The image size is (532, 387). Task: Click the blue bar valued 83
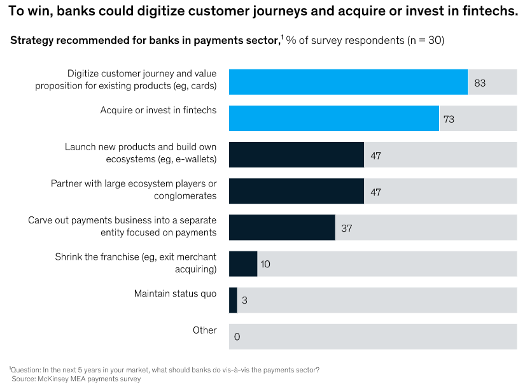(x=348, y=82)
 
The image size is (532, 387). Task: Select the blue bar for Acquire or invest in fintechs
(x=333, y=118)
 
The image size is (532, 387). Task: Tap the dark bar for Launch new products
(x=296, y=155)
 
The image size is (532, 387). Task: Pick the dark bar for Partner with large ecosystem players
(x=296, y=191)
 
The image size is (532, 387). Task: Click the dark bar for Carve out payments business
(x=282, y=227)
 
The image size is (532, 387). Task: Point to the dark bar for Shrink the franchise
(x=242, y=264)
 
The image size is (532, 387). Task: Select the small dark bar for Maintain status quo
(x=233, y=300)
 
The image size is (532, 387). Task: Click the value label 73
(x=449, y=119)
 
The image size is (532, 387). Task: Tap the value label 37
(x=346, y=228)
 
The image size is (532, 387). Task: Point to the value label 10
(x=265, y=264)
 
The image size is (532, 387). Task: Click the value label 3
(x=244, y=300)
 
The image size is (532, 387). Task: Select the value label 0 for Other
(x=237, y=337)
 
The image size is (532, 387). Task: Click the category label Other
(x=204, y=330)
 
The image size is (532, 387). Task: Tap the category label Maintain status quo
(x=175, y=294)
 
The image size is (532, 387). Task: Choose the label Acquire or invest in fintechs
(x=158, y=110)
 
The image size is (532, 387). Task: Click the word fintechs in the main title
(x=489, y=12)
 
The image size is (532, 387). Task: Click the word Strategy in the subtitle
(x=31, y=40)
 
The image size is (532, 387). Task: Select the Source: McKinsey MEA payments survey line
(x=76, y=379)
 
